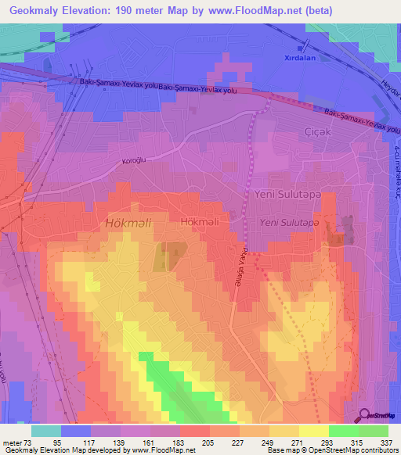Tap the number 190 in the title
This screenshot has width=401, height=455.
coord(145,11)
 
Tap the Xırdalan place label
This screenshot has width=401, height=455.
coord(301,58)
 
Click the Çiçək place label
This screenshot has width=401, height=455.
coord(316,131)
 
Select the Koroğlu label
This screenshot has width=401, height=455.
coord(114,162)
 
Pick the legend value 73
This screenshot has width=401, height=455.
coord(29,442)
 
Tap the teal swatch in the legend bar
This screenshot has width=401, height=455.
coord(45,431)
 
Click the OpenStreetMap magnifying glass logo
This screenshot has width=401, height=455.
coord(363,416)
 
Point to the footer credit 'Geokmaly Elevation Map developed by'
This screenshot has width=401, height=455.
coord(61,450)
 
